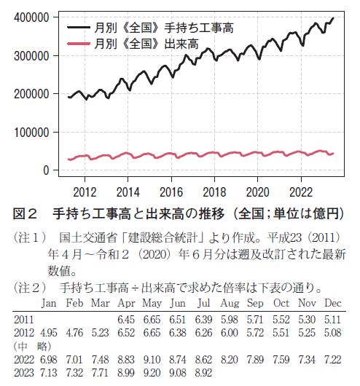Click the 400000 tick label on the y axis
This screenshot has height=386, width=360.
point(31,17)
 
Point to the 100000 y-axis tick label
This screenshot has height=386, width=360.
point(31,133)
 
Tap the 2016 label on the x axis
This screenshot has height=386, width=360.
point(171,192)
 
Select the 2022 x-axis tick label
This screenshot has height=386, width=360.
point(301,192)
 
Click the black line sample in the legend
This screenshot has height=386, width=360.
point(79,28)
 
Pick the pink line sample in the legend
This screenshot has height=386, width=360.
point(79,44)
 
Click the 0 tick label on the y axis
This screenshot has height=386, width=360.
point(46,170)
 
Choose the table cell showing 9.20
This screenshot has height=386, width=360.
point(152,373)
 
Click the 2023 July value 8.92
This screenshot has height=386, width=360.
point(203,373)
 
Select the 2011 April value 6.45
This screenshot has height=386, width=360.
point(126,320)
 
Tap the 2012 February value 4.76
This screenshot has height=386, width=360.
point(74,333)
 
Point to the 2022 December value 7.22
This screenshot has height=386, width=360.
point(332,360)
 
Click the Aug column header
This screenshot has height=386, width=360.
point(230,304)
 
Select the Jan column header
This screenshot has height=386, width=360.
point(49,303)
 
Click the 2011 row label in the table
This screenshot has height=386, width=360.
point(23,320)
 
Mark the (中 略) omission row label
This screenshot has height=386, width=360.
point(32,347)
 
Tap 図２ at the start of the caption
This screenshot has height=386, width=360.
point(25,213)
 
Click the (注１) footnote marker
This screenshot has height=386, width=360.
point(30,238)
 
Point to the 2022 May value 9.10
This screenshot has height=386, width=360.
point(152,360)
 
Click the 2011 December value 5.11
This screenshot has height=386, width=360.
point(332,320)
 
